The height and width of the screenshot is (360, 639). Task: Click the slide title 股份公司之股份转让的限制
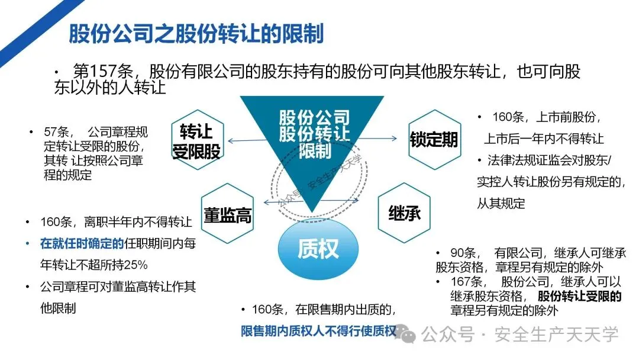[196, 34]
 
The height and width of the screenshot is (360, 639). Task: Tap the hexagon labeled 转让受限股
[196, 141]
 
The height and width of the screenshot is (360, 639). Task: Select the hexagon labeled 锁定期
[434, 140]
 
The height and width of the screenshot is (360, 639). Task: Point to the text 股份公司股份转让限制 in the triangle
[314, 133]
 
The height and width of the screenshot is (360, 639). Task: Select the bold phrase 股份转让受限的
[580, 296]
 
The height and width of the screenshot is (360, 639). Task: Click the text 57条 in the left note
[58, 132]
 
